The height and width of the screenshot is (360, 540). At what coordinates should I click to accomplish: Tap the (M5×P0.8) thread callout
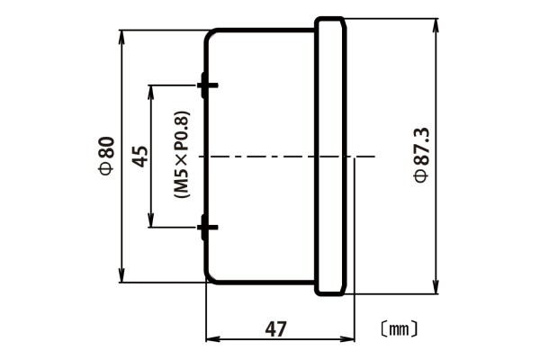pyautogui.click(x=180, y=157)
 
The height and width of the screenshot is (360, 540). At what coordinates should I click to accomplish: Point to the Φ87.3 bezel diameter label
pyautogui.click(x=419, y=156)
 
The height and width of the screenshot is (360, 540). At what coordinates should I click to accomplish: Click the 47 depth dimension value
pyautogui.click(x=276, y=328)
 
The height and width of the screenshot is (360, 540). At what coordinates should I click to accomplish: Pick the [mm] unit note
pyautogui.click(x=397, y=328)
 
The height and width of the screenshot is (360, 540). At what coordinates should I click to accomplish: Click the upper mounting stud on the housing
pyautogui.click(x=207, y=85)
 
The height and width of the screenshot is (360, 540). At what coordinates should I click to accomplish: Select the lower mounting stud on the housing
pyautogui.click(x=207, y=229)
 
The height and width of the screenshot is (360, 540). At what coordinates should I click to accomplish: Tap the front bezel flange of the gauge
pyautogui.click(x=329, y=157)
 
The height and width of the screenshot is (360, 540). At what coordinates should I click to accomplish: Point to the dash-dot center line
pyautogui.click(x=270, y=157)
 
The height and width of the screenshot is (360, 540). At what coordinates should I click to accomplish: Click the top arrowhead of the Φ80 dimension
pyautogui.click(x=121, y=36)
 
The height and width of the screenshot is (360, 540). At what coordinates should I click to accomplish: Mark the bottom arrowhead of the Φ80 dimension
pyautogui.click(x=121, y=276)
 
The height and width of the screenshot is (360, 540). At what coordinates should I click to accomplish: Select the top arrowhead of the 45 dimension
pyautogui.click(x=151, y=91)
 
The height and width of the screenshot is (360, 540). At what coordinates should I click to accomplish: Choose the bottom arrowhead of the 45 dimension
pyautogui.click(x=151, y=222)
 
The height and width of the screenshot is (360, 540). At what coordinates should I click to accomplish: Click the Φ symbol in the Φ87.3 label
pyautogui.click(x=419, y=178)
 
